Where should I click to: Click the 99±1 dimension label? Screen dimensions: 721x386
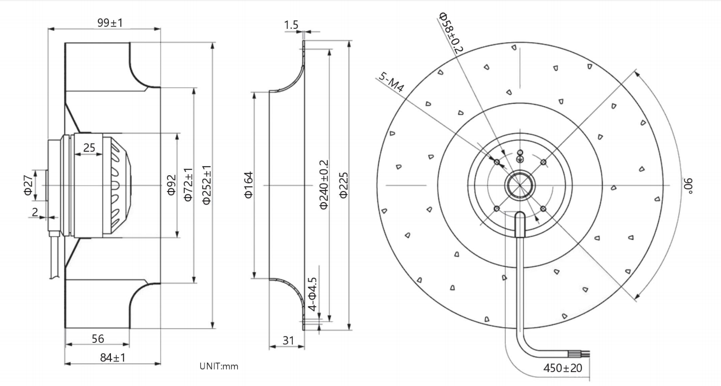(110, 23)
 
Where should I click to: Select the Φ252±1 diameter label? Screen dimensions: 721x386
(206, 185)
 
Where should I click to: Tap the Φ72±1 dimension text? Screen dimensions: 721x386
(188, 185)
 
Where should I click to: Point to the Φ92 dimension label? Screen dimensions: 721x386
(171, 185)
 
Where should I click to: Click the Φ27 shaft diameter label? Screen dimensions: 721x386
(28, 185)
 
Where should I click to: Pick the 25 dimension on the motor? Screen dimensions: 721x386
(89, 147)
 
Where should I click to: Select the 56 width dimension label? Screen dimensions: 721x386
(98, 338)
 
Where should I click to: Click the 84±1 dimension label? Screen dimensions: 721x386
(113, 357)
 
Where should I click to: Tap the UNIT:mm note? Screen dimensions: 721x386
(219, 366)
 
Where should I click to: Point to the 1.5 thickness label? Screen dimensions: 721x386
(291, 25)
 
